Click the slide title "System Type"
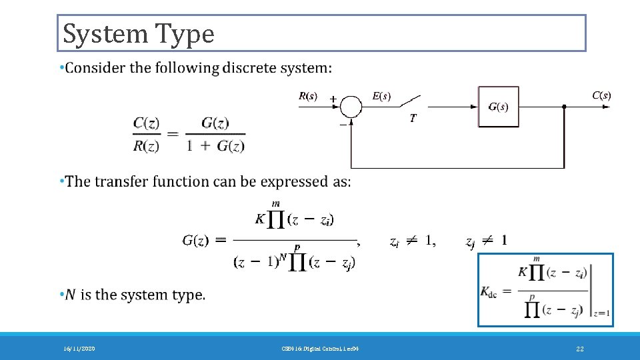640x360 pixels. point(139,33)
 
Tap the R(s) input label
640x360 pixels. point(307,96)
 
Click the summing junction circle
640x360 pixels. point(351,106)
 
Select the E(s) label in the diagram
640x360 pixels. point(381,96)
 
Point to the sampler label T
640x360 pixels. point(413,118)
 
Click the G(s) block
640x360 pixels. point(498,107)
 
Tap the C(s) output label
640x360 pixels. point(601,95)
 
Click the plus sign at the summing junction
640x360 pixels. point(332,99)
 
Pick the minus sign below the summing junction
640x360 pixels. point(343,123)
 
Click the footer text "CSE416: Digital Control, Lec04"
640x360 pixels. point(320,349)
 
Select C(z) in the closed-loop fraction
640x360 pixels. point(146,123)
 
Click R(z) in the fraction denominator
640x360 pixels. point(146,146)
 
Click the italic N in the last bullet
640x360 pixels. point(70,295)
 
